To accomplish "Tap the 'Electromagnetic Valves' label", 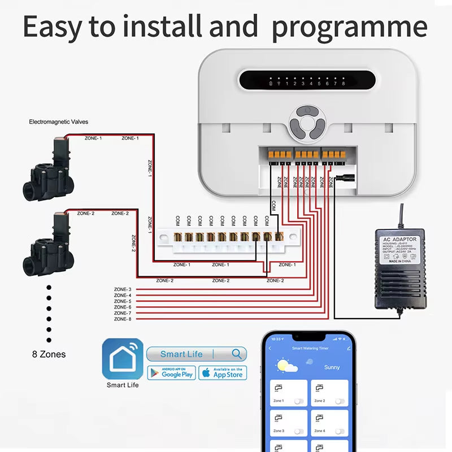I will coord(59,121).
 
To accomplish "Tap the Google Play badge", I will coord(171,373).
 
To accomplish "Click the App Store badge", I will coord(221,373).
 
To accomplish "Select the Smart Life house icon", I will coord(122,359).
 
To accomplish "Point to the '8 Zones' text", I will coord(49,355).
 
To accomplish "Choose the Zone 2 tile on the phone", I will coord(330,393).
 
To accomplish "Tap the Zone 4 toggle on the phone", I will coord(340,431).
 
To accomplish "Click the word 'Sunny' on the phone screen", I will coord(332,367).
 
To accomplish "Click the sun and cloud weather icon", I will coord(287,367).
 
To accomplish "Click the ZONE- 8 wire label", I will coord(122,319).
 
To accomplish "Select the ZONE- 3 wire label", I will coord(122,289).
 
